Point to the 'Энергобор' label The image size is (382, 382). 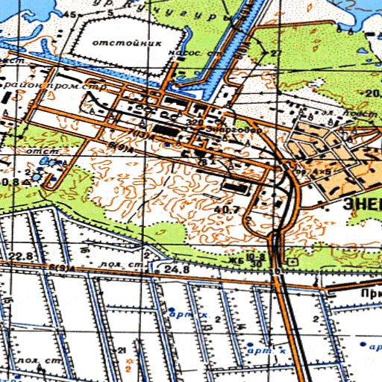pos(243,128)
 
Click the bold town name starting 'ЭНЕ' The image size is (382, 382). pos(362,202)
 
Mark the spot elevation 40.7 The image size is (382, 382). pos(226,210)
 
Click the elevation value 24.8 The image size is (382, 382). pos(175,268)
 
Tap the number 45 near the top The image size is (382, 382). pos(72,14)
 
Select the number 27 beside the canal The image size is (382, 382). pos(276,54)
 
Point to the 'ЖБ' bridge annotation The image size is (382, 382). pos(238,261)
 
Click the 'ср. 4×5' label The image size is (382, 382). pos(304,171)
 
